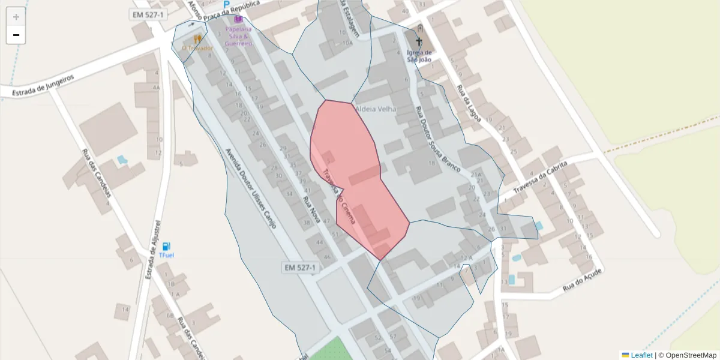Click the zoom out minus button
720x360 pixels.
tap(16, 35)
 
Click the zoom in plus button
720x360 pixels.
tap(16, 17)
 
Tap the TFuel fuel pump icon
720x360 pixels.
tap(166, 246)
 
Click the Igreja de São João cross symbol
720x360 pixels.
tap(419, 42)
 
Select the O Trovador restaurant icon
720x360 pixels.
tap(197, 39)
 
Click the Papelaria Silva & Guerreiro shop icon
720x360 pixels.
tap(238, 19)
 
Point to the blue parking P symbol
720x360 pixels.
tap(227, 5)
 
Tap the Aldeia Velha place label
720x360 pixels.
tap(376, 109)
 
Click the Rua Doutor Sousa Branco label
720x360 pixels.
tap(437, 139)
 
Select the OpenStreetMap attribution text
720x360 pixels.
tap(687, 355)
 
